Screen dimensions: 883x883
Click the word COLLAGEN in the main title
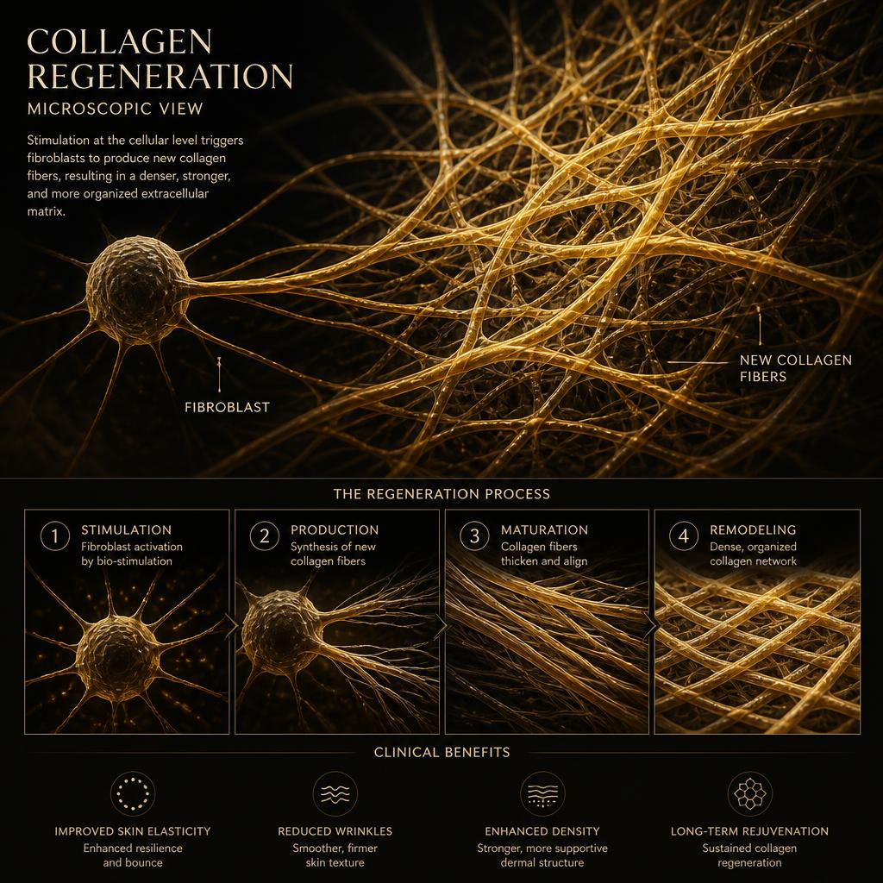click(x=119, y=41)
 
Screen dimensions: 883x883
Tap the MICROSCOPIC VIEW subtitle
click(x=115, y=109)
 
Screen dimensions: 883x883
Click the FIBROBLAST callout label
click(x=227, y=407)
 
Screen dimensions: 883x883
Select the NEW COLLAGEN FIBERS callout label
click(x=795, y=368)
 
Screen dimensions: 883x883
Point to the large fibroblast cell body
click(x=137, y=290)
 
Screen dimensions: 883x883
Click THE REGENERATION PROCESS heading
click(x=441, y=494)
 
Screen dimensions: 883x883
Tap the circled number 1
click(x=55, y=536)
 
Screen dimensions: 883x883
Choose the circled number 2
click(x=265, y=536)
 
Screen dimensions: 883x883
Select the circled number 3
click(x=475, y=536)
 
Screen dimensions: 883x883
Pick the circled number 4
click(x=684, y=536)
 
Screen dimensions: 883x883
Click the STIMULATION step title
click(x=126, y=530)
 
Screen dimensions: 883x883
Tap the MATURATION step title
click(x=545, y=530)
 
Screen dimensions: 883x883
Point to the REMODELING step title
click(x=753, y=530)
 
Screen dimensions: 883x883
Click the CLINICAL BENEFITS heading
click(x=442, y=752)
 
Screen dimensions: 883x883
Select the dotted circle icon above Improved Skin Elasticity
click(x=132, y=793)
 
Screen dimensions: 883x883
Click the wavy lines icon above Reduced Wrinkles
click(x=335, y=793)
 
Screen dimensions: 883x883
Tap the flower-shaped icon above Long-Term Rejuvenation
click(x=749, y=793)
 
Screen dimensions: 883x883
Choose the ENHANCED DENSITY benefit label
click(x=542, y=831)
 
